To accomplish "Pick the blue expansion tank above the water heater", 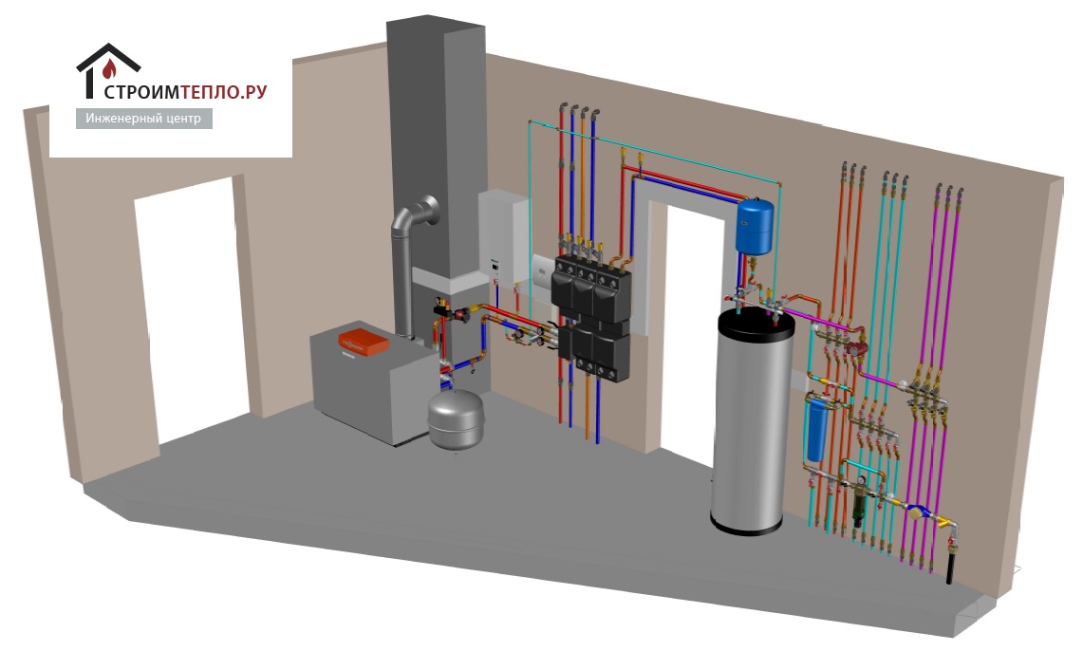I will click(756, 225).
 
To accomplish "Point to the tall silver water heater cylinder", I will click(750, 427).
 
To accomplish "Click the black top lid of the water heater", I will click(756, 319).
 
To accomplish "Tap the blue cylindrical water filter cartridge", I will click(815, 429).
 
